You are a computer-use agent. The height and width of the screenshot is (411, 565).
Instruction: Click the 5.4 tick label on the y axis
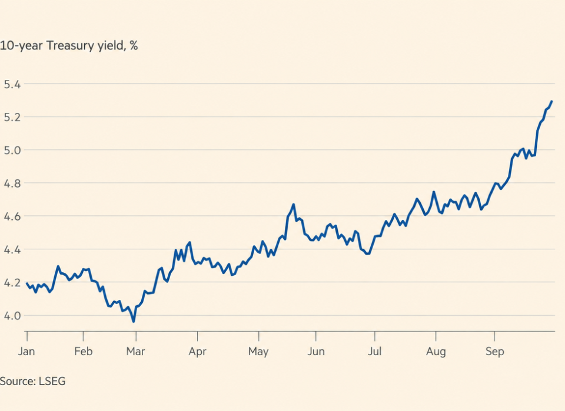tap(12, 84)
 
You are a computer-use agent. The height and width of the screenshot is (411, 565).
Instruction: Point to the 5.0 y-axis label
tap(12, 150)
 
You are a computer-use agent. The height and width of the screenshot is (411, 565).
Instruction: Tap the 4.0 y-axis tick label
tap(12, 316)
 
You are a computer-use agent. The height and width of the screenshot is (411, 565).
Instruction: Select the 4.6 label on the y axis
tap(12, 216)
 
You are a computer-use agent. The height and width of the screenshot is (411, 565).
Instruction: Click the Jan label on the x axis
tap(26, 351)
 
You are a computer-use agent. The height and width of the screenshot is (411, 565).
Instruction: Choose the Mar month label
tap(135, 351)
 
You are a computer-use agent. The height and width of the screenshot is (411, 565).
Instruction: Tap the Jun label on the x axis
tap(316, 351)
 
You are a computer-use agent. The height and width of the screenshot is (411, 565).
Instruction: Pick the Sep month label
tap(494, 351)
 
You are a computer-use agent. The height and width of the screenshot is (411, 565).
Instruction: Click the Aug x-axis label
tap(436, 351)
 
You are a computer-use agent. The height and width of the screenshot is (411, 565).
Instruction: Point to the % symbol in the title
tap(134, 46)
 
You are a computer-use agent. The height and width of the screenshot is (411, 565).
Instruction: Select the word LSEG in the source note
tap(52, 381)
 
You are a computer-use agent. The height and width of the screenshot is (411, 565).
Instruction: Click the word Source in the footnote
tap(17, 381)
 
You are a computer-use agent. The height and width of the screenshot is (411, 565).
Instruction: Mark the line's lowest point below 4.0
tap(134, 322)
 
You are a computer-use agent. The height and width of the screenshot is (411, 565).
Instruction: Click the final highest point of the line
tap(551, 102)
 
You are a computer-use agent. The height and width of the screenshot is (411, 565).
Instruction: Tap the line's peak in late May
tap(294, 205)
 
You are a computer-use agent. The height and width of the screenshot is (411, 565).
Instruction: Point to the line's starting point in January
tap(27, 283)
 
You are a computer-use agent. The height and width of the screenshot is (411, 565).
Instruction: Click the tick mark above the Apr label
tap(198, 336)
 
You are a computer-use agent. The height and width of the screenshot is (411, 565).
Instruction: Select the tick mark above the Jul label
tap(375, 336)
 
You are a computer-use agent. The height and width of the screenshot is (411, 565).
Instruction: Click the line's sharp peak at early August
tap(434, 192)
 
